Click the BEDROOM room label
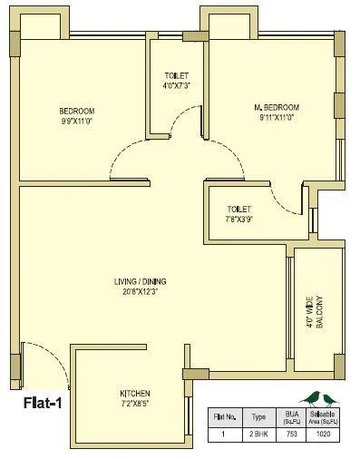click(77, 112)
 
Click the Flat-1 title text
click(38, 397)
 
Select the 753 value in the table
click(291, 435)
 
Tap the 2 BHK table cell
click(258, 435)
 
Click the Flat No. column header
click(223, 418)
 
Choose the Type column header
click(258, 418)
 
